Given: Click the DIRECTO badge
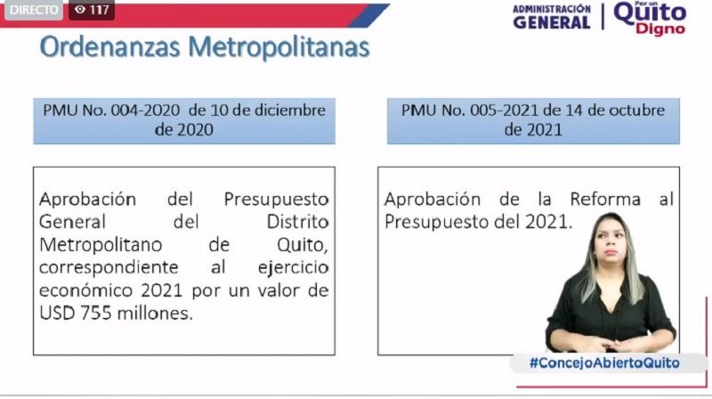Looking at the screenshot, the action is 34,10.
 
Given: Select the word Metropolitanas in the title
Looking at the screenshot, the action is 279,47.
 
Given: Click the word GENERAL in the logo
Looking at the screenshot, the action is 552,22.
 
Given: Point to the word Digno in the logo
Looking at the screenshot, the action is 660,28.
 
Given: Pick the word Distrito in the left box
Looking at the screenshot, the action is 297,222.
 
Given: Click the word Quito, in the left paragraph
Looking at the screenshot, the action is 303,246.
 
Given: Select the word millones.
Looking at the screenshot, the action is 155,313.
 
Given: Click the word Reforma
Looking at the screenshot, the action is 605,199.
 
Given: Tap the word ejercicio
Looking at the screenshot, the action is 294,268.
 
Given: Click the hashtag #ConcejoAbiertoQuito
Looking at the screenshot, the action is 604,362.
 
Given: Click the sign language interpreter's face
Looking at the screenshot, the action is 611,240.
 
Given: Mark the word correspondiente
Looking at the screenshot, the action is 109,268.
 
